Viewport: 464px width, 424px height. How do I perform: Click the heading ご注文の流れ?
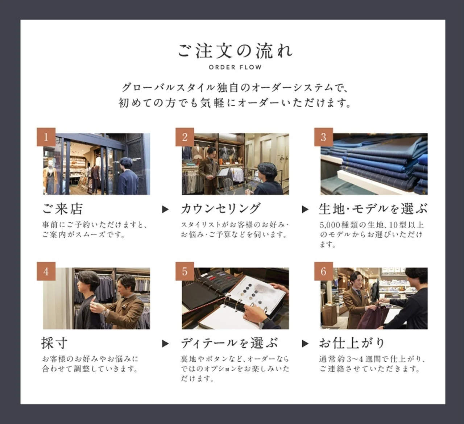click(x=235, y=51)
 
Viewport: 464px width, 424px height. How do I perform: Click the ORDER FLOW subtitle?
click(x=235, y=67)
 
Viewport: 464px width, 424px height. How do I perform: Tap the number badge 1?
click(x=46, y=137)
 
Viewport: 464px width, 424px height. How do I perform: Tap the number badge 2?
click(x=185, y=137)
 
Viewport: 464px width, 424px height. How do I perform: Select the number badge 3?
click(x=323, y=137)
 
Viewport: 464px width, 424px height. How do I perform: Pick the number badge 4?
click(x=46, y=271)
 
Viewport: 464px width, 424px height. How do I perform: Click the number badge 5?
click(x=185, y=271)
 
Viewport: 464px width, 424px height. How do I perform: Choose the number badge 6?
click(x=323, y=271)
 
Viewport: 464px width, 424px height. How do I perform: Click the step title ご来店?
click(x=63, y=209)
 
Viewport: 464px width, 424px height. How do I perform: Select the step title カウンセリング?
click(x=220, y=209)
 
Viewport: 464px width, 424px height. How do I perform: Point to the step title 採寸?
click(x=54, y=343)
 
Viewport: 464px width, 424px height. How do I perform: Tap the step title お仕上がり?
click(x=351, y=343)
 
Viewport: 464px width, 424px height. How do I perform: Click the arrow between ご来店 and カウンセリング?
click(x=165, y=209)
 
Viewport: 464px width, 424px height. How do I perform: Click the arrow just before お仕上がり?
click(x=305, y=344)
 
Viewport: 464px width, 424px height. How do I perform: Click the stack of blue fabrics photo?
click(x=374, y=164)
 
